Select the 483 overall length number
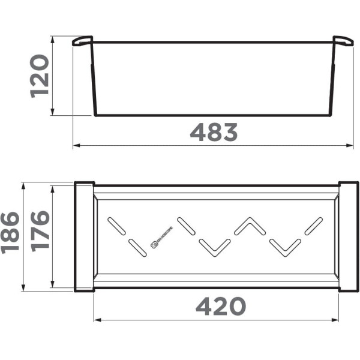tap(214, 132)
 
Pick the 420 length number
tap(221, 307)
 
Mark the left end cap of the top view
tap(83, 236)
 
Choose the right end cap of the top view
tap(348, 236)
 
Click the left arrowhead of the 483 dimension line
tap(76, 145)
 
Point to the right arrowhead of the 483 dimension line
tap(350, 145)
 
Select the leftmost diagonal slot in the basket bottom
tap(116, 226)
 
